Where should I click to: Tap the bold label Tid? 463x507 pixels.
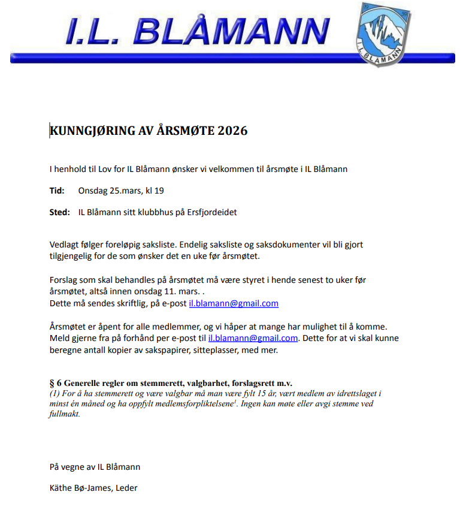click(x=57, y=191)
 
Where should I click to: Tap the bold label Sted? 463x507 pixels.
click(x=59, y=212)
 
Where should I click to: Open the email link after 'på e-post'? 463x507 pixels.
click(x=234, y=303)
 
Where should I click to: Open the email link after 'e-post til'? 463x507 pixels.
click(x=253, y=338)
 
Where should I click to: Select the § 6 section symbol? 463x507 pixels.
click(x=56, y=383)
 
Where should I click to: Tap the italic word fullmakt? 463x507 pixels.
click(x=64, y=414)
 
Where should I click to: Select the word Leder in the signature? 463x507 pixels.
click(x=127, y=488)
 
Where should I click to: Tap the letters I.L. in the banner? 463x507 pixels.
click(x=96, y=30)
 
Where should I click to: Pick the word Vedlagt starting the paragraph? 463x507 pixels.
click(x=66, y=245)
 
